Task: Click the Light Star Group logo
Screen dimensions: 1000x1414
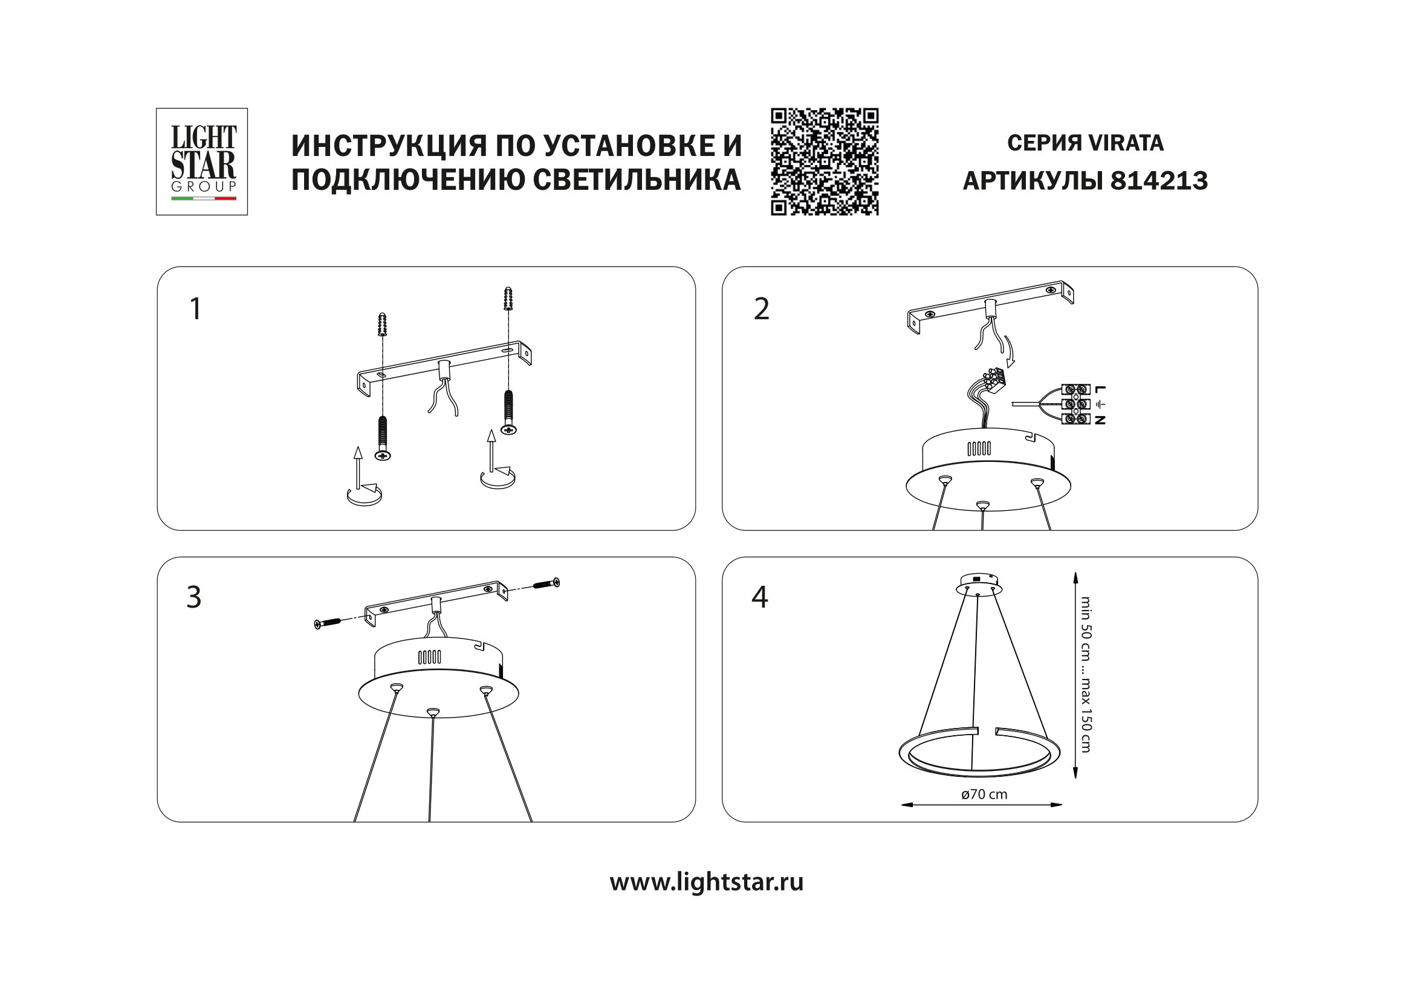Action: pos(201,161)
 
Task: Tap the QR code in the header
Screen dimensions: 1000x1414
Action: pos(824,161)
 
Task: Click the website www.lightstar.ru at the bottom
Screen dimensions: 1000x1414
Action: pos(706,882)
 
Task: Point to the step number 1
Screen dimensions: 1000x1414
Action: pos(195,309)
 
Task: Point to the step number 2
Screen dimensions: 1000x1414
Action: pos(761,309)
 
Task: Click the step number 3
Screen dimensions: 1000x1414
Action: pos(193,597)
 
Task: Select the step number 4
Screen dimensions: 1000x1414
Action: pos(760,597)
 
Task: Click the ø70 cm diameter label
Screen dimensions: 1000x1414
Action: pos(984,794)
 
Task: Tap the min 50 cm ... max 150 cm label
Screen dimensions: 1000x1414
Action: pos(1085,674)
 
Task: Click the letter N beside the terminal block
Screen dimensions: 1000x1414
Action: pos(1100,420)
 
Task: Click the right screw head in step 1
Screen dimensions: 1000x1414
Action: pos(508,429)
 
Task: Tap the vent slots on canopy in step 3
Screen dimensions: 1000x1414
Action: pos(429,657)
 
